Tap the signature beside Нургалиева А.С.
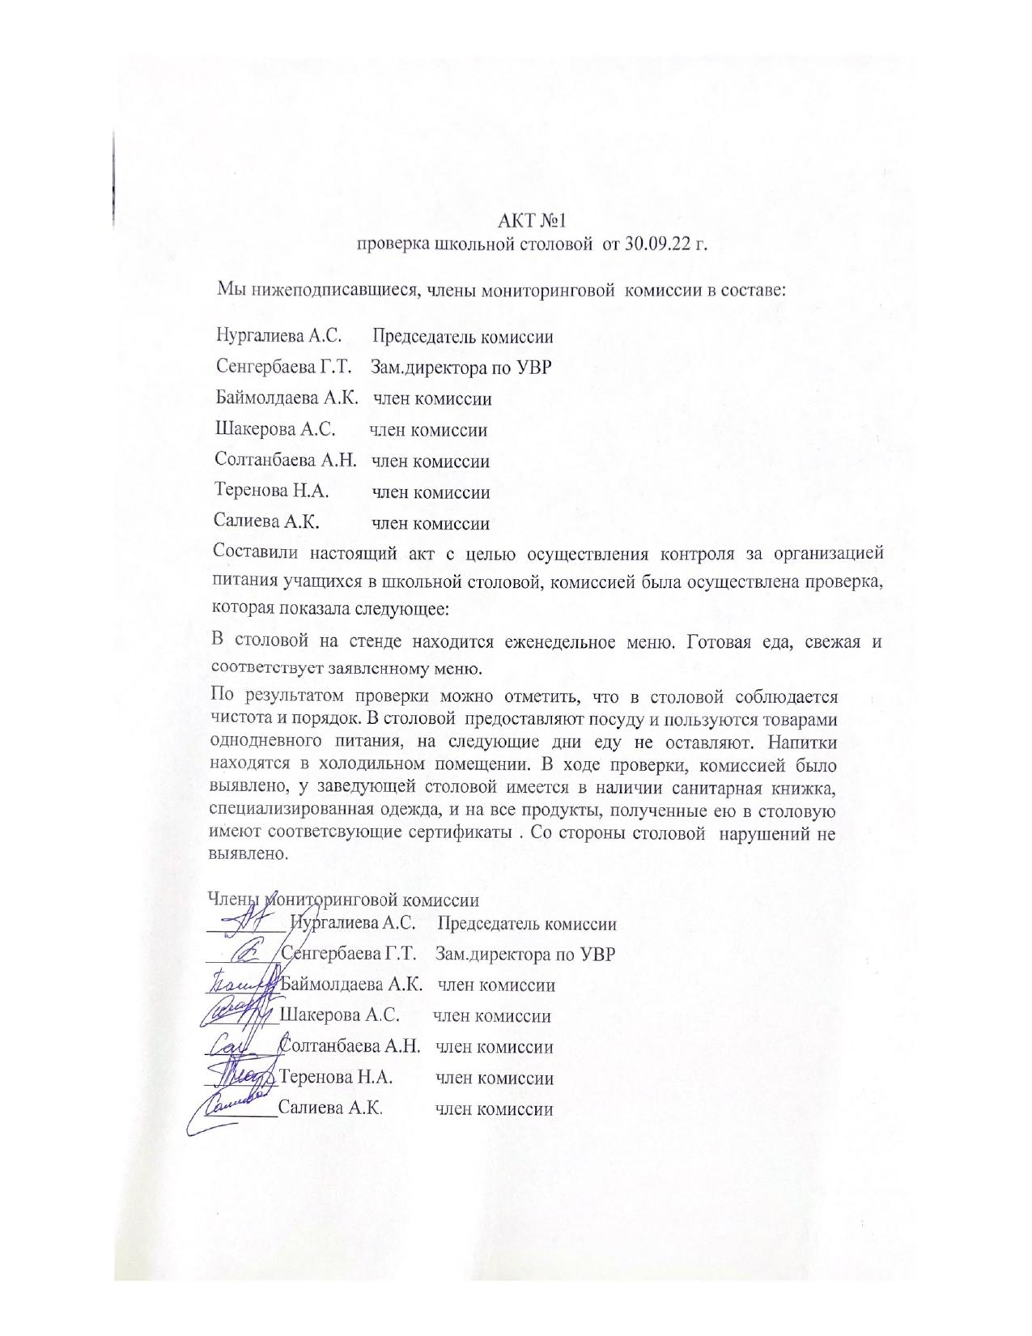[250, 921]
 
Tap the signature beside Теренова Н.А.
[243, 1076]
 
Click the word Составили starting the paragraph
[251, 554]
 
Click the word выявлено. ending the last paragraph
[248, 853]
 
